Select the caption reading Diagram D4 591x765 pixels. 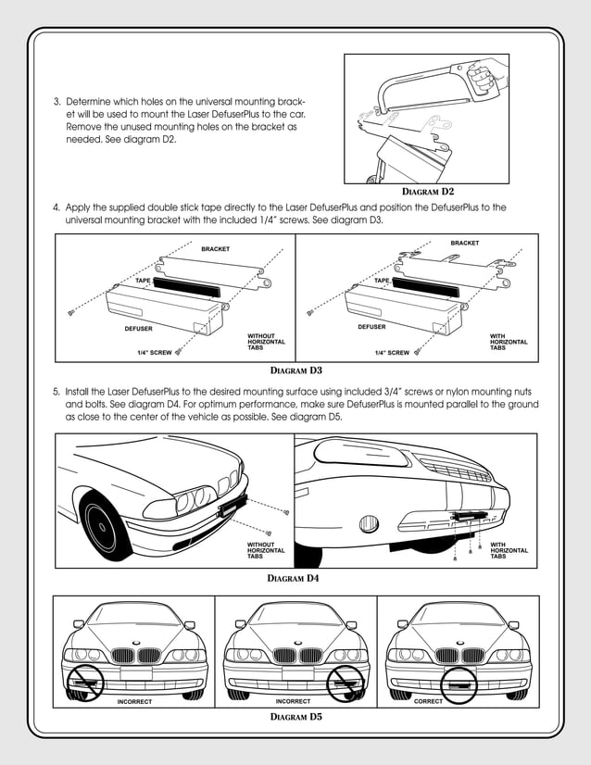[x=294, y=578]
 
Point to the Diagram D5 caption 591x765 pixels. [x=295, y=716]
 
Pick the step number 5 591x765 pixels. [x=56, y=393]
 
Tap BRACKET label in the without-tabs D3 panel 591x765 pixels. [x=216, y=249]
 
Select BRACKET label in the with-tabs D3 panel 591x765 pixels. [x=465, y=243]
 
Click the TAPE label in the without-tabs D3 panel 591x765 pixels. [x=143, y=279]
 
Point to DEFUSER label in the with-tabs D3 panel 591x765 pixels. [x=371, y=327]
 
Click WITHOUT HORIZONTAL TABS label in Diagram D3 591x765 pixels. [x=266, y=342]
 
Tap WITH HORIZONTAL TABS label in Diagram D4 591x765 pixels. [x=509, y=550]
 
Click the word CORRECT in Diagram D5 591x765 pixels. [x=428, y=701]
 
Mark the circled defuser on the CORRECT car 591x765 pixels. [x=459, y=684]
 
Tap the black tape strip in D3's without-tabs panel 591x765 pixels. [x=187, y=286]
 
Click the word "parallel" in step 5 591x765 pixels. [x=420, y=405]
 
